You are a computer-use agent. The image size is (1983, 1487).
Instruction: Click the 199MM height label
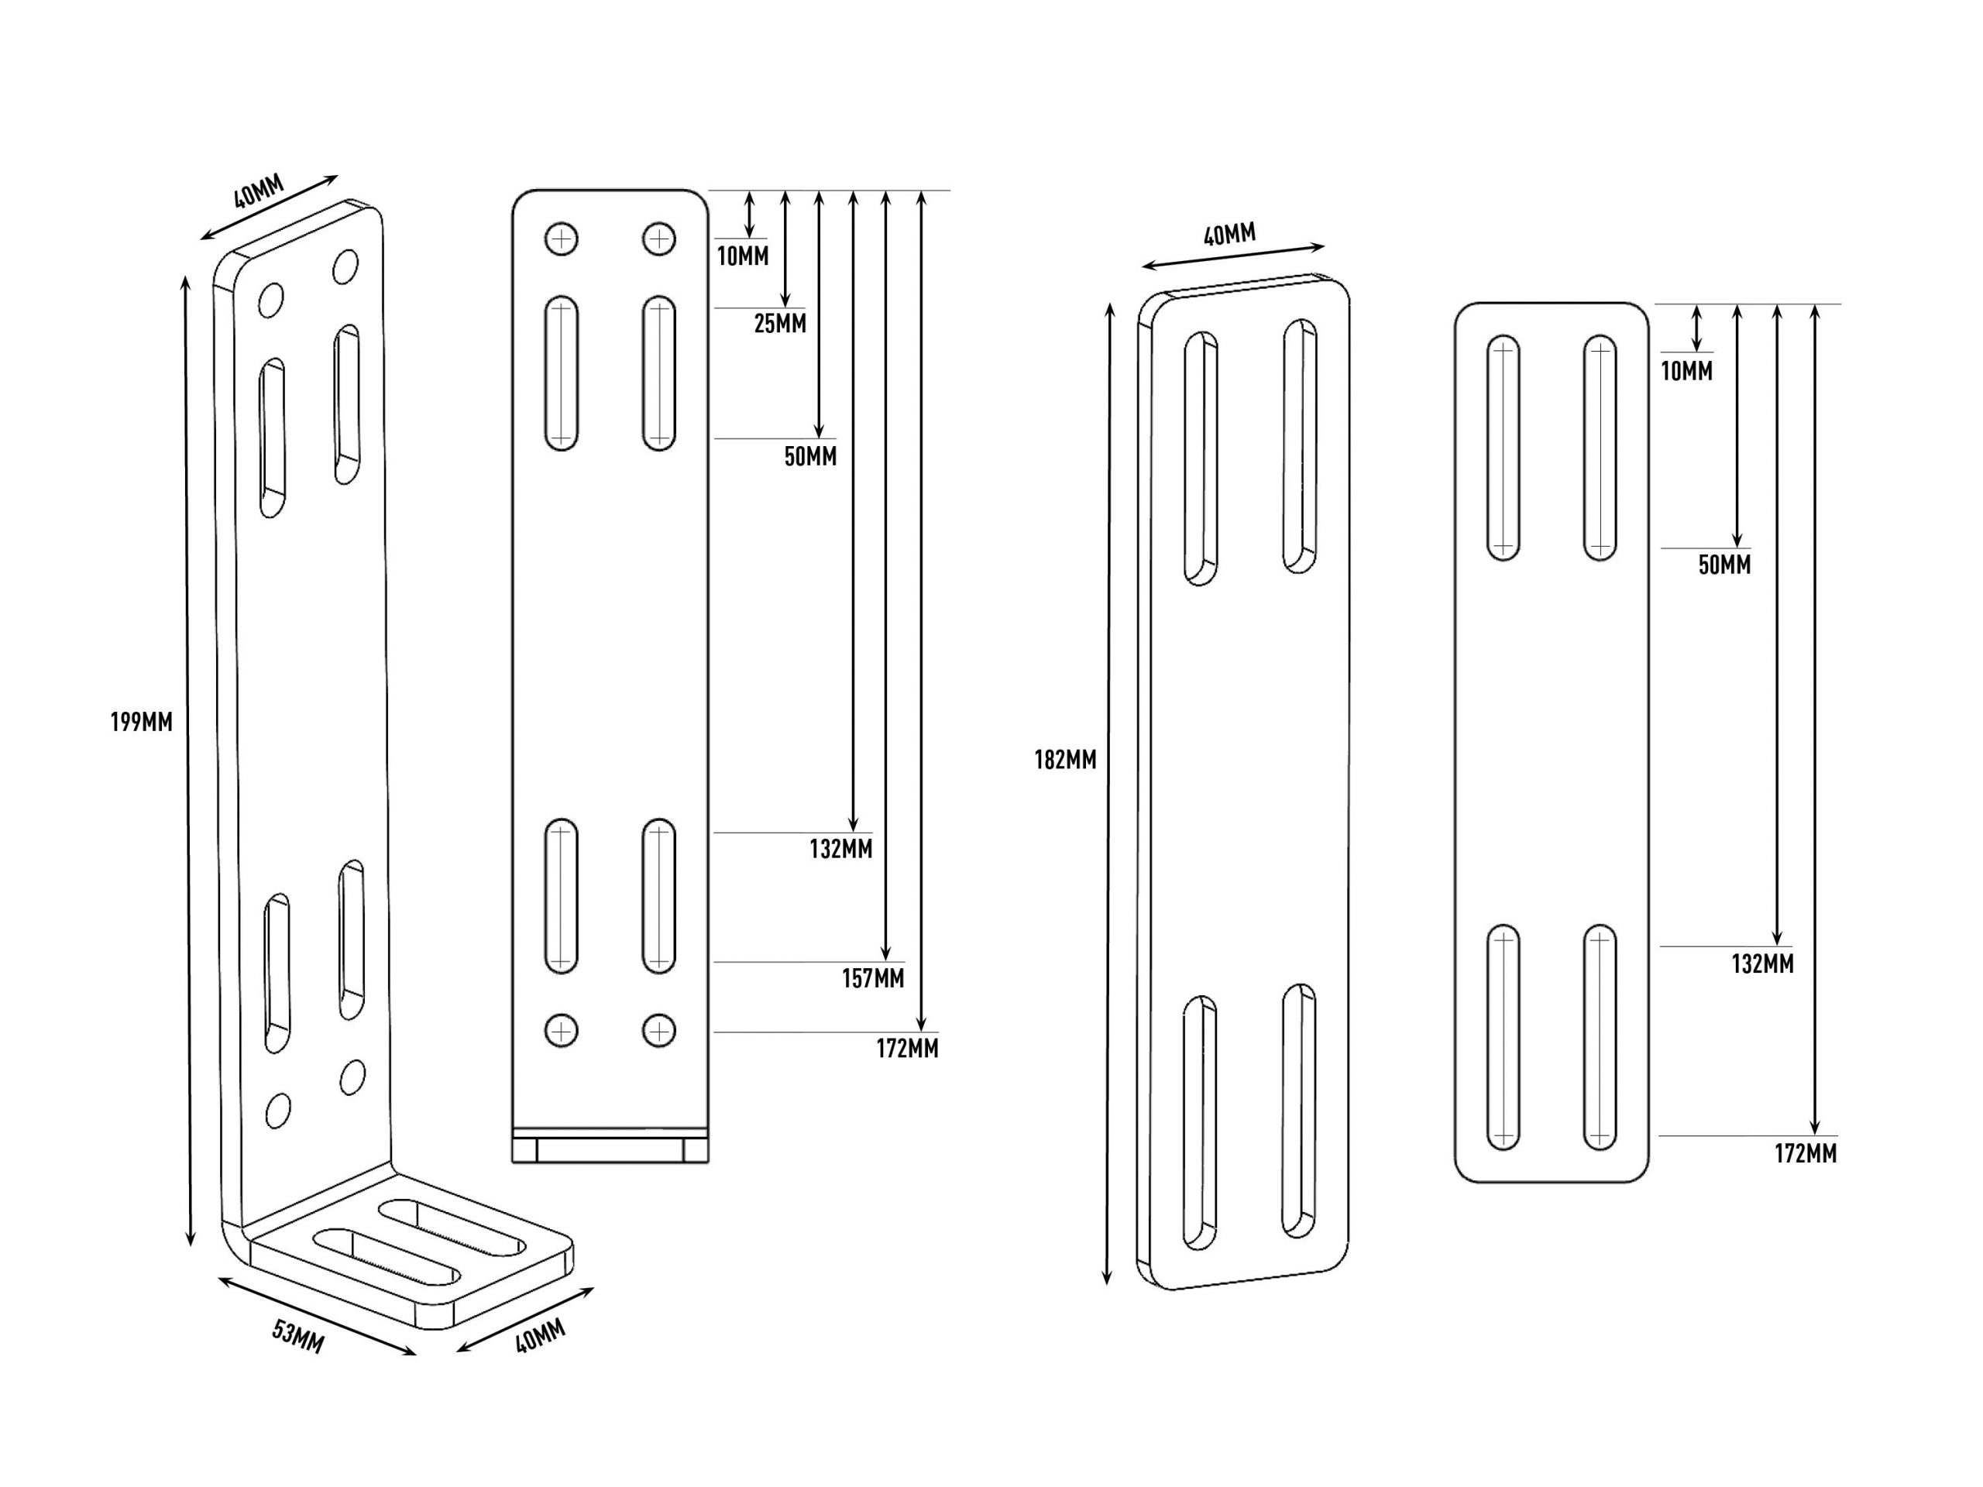tap(142, 722)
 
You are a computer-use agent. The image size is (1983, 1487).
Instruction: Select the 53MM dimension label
tap(298, 1338)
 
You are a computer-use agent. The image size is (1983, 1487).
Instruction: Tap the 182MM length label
tap(1065, 760)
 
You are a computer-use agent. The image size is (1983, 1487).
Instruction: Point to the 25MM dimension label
tap(780, 324)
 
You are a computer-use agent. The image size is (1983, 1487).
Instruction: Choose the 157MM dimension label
tap(873, 979)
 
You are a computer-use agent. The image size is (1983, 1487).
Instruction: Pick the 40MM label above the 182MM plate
tap(1229, 235)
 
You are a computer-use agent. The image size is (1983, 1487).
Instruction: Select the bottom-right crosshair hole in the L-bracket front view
tap(659, 1031)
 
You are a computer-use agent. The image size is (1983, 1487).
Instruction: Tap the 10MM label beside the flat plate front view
tap(1686, 371)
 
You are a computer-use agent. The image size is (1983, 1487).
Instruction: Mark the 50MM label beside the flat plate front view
tap(1725, 565)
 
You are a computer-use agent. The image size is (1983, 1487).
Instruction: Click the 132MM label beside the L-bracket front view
tap(841, 849)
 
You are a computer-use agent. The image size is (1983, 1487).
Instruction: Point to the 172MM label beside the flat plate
tap(1806, 1153)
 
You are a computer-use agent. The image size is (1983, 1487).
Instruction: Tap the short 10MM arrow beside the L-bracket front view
tap(750, 215)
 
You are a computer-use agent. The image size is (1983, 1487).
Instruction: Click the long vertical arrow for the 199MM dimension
tap(188, 761)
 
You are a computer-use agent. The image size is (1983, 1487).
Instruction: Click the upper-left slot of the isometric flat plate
tap(1201, 459)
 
